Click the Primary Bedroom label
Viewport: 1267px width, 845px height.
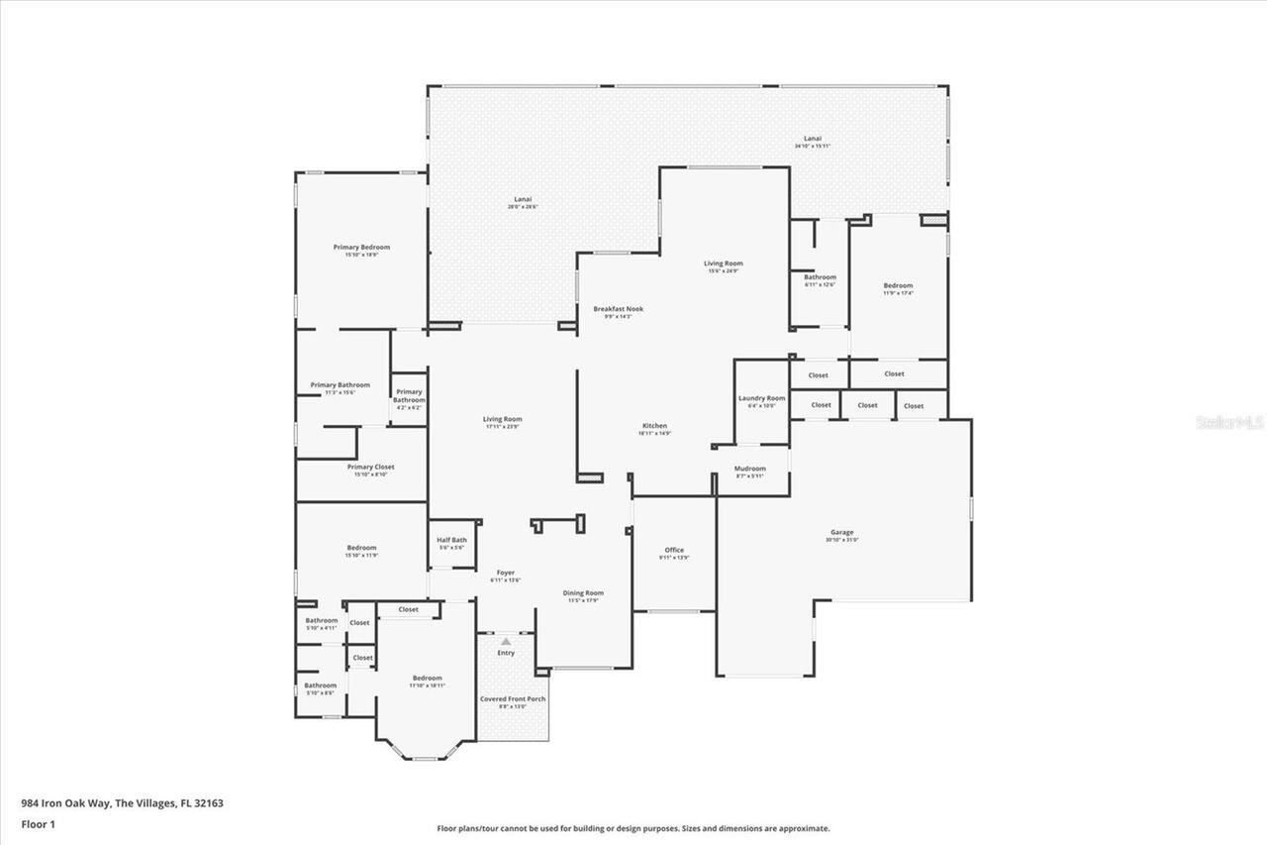[361, 248]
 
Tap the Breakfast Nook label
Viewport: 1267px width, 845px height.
[618, 309]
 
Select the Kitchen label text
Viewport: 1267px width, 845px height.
[654, 426]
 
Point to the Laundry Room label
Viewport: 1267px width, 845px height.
[761, 398]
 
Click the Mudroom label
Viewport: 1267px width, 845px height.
[749, 469]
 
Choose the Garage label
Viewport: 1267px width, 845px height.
[841, 532]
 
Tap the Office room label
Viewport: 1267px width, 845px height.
[674, 550]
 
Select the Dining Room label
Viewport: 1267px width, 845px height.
[583, 593]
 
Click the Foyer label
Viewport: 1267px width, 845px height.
[505, 573]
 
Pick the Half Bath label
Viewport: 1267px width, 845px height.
[451, 540]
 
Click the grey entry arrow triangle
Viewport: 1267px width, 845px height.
[506, 641]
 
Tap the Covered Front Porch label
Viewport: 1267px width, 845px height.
[513, 698]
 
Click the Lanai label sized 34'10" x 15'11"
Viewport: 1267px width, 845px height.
[812, 139]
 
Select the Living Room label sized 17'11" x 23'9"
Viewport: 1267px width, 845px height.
[503, 419]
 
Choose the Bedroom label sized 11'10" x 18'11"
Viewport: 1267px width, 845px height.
[427, 679]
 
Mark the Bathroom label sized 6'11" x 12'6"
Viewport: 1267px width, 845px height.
[820, 277]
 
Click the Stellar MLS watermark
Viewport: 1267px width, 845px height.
[1230, 422]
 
